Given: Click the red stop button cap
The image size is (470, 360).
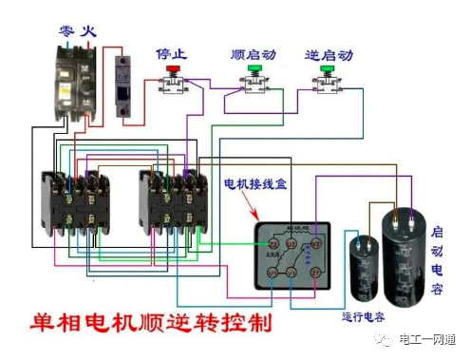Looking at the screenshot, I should pos(174,70).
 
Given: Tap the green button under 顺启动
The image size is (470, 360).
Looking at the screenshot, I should pos(254,69).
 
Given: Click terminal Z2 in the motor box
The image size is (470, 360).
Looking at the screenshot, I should pos(274,244).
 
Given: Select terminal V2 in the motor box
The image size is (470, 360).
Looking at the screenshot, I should pos(317,244).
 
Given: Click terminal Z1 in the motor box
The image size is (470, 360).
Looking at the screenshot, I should pos(317,274).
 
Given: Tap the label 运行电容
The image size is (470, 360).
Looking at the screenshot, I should pos(367,315).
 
